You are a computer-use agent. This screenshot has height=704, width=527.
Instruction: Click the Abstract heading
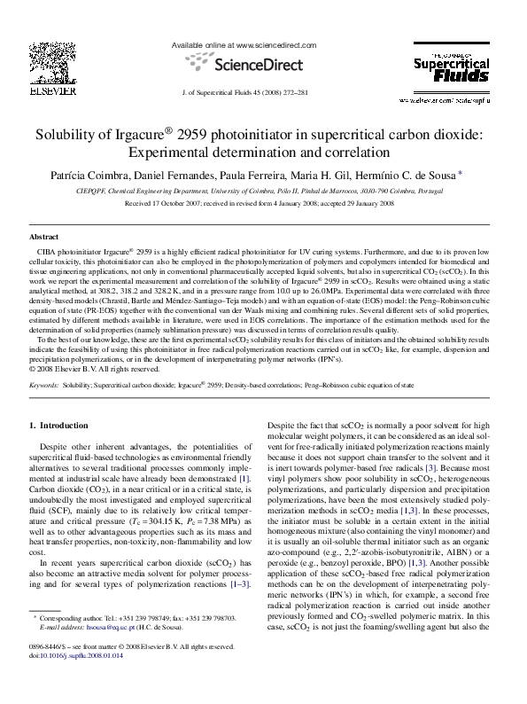tap(43, 239)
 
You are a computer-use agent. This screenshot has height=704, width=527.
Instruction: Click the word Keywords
tap(44, 411)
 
